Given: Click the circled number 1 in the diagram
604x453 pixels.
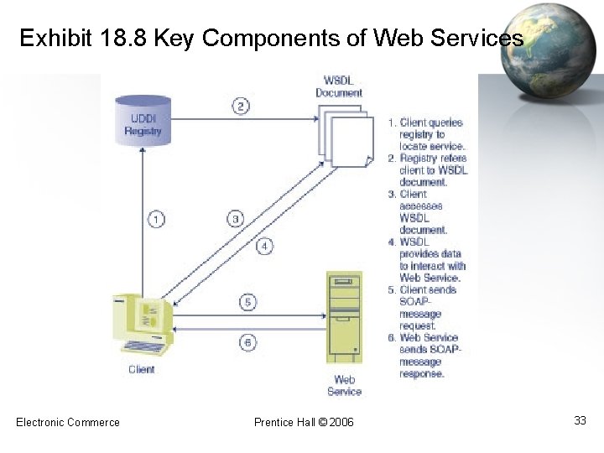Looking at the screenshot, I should tap(156, 220).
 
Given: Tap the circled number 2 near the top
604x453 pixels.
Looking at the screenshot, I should tap(240, 106).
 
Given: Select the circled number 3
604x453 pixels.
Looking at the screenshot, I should tap(236, 219).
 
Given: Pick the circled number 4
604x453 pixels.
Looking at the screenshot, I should tap(264, 246).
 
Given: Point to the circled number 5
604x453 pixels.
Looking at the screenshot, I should tap(247, 302).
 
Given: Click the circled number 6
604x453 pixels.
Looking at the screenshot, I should tap(247, 341).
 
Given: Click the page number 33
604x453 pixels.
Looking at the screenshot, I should tap(580, 420).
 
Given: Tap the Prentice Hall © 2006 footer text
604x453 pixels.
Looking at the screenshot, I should tap(304, 422).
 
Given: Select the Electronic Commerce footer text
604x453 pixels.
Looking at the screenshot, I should tap(68, 422).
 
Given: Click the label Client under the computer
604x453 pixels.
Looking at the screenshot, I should tap(141, 369).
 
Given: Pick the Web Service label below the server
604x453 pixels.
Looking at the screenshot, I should tap(344, 386).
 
